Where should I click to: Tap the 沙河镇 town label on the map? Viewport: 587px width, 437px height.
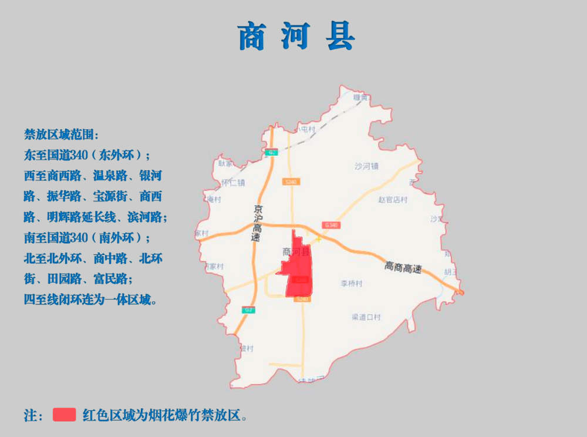[367, 166]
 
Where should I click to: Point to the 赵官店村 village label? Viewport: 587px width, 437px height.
[393, 200]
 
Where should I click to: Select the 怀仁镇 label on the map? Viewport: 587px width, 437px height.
[233, 183]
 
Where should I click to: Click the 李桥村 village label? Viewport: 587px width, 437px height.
[351, 284]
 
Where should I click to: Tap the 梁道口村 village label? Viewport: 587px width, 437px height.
[366, 317]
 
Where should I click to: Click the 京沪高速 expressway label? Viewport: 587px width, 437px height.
[256, 223]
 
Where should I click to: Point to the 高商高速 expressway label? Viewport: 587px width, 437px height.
[403, 268]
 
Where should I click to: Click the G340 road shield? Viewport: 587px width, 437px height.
[331, 225]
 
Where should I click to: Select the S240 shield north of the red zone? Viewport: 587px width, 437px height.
[290, 182]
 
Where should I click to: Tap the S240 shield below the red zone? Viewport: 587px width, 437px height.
[302, 300]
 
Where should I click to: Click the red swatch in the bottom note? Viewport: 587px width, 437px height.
[64, 415]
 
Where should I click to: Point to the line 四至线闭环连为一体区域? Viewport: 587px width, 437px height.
[90, 300]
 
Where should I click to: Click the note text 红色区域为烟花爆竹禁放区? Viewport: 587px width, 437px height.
[164, 415]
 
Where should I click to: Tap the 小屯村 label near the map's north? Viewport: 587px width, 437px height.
[306, 129]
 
